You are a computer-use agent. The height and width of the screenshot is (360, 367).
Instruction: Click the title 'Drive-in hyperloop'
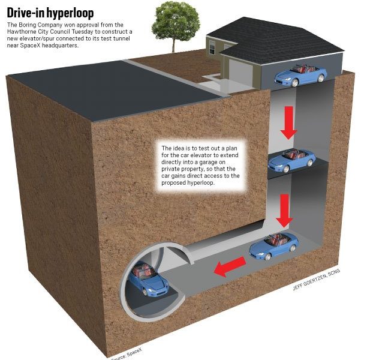tap(50, 13)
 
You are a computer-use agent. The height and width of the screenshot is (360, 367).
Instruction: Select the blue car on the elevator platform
tap(291, 160)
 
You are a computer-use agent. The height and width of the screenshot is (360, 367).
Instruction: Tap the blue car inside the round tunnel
tap(148, 279)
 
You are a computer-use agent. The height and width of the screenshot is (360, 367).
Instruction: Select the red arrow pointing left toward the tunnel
tap(230, 266)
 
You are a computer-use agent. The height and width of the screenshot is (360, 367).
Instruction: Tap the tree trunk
tap(174, 45)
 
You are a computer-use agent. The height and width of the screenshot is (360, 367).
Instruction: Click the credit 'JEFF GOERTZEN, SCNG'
tap(316, 280)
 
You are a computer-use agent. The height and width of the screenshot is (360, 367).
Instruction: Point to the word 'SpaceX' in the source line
tap(134, 353)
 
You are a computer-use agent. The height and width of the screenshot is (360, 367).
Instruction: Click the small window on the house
tap(212, 48)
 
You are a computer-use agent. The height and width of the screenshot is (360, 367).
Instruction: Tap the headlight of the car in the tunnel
tap(152, 290)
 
